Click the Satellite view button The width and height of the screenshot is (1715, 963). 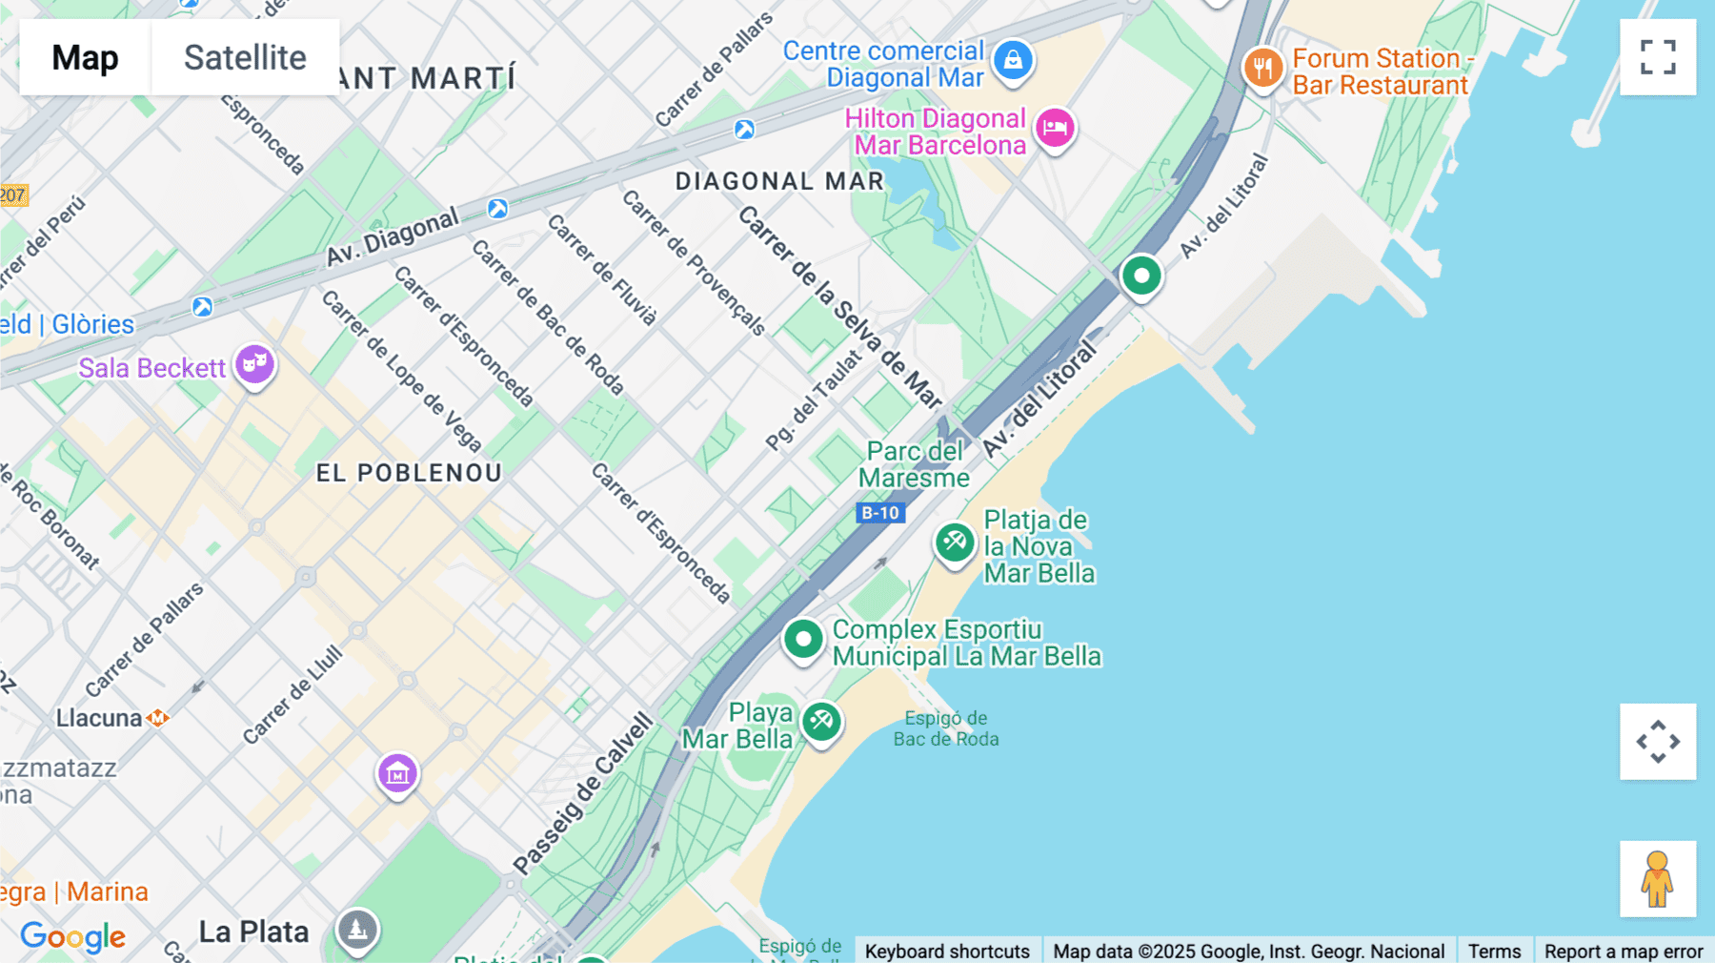245,57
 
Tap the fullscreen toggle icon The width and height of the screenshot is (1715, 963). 1658,57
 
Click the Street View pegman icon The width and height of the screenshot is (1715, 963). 1658,878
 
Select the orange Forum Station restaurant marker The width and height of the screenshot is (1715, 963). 1263,68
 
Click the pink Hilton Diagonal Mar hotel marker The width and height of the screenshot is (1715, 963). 1055,127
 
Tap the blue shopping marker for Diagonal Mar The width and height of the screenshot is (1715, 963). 1013,60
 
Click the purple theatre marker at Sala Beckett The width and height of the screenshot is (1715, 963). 254,363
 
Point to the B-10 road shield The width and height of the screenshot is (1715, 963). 880,513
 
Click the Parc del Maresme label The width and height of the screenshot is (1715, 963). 914,464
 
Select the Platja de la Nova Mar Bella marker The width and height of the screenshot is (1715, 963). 954,543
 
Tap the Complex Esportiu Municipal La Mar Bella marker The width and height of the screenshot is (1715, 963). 803,639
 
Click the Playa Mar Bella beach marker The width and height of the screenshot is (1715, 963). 821,722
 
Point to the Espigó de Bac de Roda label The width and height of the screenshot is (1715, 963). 945,728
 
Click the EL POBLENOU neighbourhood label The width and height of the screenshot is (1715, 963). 409,473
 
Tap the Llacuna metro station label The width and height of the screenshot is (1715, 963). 99,718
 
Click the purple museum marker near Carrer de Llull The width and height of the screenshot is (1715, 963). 397,773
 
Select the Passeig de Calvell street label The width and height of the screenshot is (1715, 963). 583,793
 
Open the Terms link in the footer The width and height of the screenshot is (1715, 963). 1494,951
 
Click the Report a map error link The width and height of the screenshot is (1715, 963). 1623,951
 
